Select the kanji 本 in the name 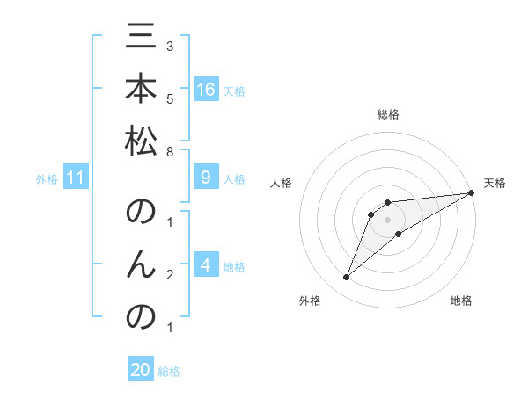click(141, 91)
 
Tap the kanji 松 click(141, 141)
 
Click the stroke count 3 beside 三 click(170, 45)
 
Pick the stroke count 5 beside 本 click(170, 98)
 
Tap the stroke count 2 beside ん click(170, 275)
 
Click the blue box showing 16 click(206, 90)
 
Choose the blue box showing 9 click(206, 178)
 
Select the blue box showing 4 click(206, 265)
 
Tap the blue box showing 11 click(76, 178)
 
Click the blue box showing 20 click(141, 370)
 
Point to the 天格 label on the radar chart click(495, 183)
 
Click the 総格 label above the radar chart click(387, 114)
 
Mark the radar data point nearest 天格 click(471, 193)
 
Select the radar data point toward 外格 click(346, 278)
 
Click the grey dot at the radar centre click(387, 220)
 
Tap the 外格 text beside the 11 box click(47, 179)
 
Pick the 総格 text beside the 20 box click(169, 372)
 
